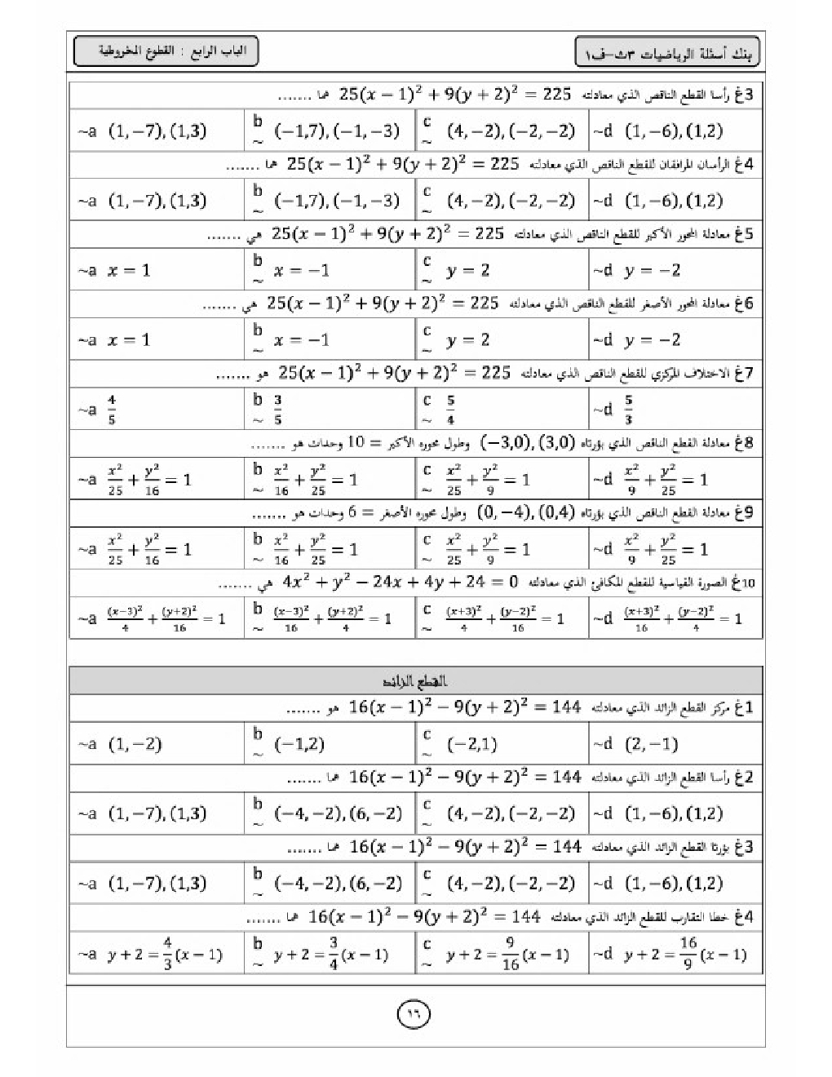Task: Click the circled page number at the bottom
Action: pyautogui.click(x=414, y=1014)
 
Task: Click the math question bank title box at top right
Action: pyautogui.click(x=666, y=53)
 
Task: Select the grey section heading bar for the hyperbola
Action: pyautogui.click(x=416, y=681)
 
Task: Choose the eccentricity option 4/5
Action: pyautogui.click(x=112, y=410)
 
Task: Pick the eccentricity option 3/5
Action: pyautogui.click(x=278, y=410)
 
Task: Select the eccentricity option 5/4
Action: pyautogui.click(x=450, y=410)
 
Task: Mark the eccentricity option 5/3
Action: pyautogui.click(x=628, y=410)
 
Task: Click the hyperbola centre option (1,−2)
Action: pyautogui.click(x=135, y=744)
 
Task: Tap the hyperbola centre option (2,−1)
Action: pyautogui.click(x=651, y=744)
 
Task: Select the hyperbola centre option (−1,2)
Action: pyautogui.click(x=299, y=744)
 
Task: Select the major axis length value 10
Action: pyautogui.click(x=357, y=443)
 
